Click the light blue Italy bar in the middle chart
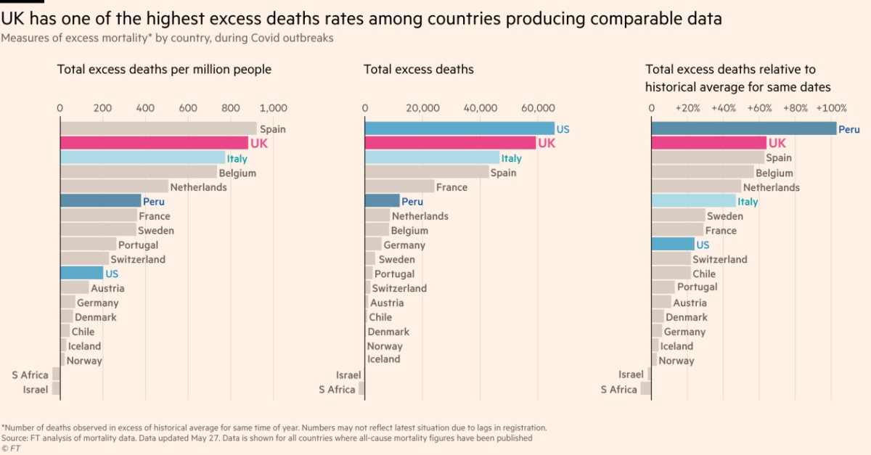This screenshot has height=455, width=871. coord(432,157)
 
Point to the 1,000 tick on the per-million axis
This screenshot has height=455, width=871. coord(273,108)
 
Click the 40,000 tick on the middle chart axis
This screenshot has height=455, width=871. coord(480,108)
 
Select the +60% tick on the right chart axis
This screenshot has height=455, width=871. coord(759,108)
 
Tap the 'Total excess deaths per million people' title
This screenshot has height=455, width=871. coord(164,70)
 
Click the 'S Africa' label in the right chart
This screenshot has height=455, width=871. coord(618,390)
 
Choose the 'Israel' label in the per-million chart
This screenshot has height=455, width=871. coord(36,390)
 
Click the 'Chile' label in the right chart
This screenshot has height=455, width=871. coord(703,274)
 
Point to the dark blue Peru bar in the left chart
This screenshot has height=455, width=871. coord(100,201)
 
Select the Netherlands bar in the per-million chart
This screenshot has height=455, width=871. coord(113,186)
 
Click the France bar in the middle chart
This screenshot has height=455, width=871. coord(399,186)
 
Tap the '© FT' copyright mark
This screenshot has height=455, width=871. coord(11,448)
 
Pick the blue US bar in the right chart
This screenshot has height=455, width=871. coord(673,245)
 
